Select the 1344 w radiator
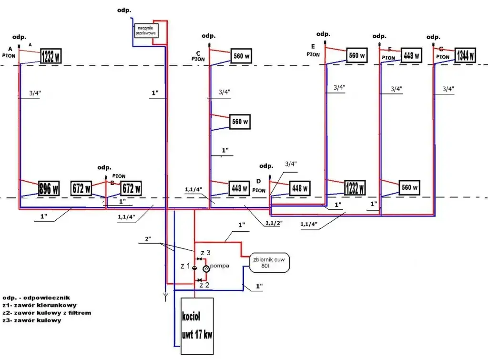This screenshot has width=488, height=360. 465,56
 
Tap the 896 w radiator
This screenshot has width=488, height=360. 49,188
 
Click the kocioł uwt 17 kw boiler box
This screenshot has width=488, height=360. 197,326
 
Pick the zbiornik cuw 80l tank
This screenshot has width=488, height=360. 269,263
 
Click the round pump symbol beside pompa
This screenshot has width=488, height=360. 206,269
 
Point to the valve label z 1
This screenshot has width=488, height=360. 185,266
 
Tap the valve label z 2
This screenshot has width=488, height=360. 204,285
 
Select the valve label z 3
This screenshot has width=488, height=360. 205,252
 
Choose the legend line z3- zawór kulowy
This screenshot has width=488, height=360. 32,320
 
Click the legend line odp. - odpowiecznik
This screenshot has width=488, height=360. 36,297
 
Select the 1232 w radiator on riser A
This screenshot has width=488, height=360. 51,56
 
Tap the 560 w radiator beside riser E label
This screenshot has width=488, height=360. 356,56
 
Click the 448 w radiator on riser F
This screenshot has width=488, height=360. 411,55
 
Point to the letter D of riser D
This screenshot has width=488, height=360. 259,182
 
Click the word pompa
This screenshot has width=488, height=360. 220,265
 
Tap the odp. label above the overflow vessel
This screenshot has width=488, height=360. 124,10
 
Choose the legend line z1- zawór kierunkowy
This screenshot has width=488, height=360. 40,305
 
